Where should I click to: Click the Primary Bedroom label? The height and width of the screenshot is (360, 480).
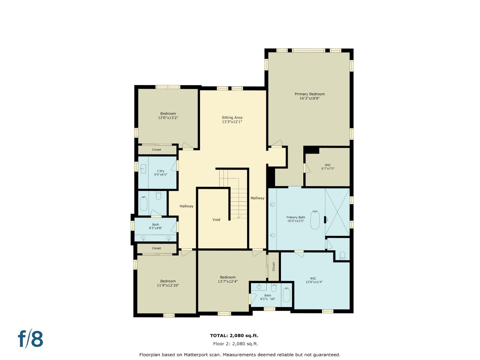pos(309,94)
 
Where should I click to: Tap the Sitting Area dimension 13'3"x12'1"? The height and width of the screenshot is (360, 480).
pos(232,122)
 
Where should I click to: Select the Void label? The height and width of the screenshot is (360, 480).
pos(216,220)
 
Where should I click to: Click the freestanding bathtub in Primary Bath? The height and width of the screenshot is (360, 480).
pos(315,220)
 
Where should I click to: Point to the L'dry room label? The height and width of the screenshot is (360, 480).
pos(161,171)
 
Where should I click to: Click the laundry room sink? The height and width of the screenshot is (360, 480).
pos(143,169)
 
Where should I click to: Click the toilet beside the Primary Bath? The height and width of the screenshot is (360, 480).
pos(342,256)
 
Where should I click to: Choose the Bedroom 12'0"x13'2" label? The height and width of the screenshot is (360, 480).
pos(168,114)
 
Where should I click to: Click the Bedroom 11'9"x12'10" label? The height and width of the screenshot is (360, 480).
pos(168,281)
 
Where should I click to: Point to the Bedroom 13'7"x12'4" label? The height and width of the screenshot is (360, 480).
pos(228,277)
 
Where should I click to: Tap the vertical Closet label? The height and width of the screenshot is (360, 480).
pos(274,266)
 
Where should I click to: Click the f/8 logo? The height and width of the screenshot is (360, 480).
pos(31,339)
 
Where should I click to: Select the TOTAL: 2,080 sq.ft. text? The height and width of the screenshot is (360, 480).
pos(234,336)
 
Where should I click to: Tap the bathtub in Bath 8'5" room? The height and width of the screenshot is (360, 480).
pos(286,295)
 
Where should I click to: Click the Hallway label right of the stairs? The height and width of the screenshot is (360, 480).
pos(257,198)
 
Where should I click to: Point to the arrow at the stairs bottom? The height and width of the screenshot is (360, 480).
pos(239,216)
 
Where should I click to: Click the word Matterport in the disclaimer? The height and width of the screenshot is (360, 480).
pos(195,355)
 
